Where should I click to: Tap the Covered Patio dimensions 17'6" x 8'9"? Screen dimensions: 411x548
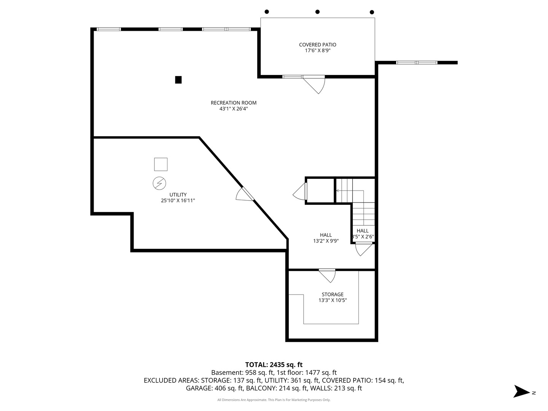[317, 50]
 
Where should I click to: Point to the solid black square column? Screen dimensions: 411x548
[178, 80]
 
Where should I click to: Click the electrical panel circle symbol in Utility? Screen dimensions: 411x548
[159, 184]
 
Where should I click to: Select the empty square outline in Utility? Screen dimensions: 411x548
[161, 164]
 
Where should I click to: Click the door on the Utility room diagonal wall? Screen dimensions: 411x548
[244, 194]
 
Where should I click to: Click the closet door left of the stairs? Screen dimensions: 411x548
[300, 191]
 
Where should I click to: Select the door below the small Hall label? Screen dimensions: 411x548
[363, 249]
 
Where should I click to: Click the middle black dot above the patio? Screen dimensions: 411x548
[317, 12]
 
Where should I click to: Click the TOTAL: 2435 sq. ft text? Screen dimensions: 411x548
[274, 365]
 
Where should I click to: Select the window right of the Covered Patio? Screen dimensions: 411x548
[416, 62]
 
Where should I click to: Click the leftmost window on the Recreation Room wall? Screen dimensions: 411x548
[108, 29]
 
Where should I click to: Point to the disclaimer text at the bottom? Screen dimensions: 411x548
[274, 400]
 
